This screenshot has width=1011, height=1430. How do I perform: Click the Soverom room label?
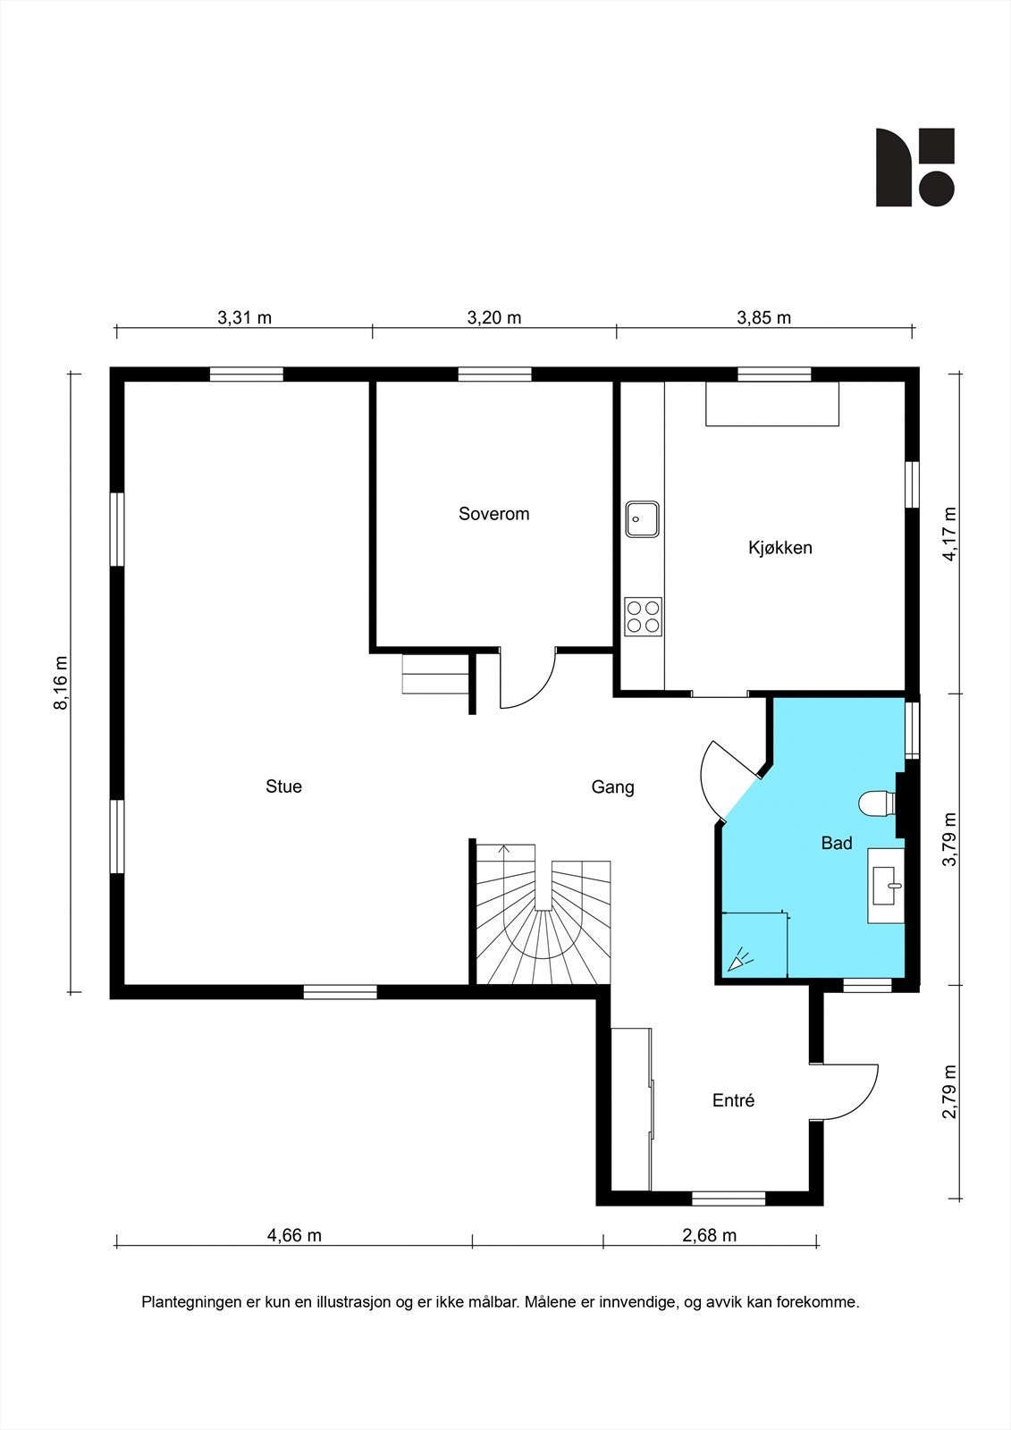tap(493, 514)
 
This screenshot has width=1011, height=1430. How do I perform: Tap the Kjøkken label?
tap(779, 548)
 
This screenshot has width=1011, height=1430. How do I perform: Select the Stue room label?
tap(283, 786)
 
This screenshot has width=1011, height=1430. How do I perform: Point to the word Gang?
tap(612, 787)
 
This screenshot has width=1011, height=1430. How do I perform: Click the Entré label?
tap(733, 1100)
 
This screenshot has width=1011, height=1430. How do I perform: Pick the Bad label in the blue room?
tap(837, 844)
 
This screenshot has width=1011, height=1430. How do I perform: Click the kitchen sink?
tap(642, 519)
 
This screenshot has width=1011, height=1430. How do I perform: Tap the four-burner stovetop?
tap(643, 616)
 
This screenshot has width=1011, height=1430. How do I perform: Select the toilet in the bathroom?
tap(878, 803)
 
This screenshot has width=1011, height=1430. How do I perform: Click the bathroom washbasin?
tap(886, 886)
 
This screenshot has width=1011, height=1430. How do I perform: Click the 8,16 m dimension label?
tap(61, 683)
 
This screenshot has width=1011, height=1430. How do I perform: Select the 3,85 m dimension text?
tap(764, 317)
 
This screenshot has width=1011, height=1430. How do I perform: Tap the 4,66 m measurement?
tap(294, 1235)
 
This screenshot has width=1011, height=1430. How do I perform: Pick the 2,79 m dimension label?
tap(949, 1091)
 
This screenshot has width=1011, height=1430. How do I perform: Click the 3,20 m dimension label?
tap(494, 317)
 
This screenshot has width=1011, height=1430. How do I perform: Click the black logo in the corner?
tap(915, 167)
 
